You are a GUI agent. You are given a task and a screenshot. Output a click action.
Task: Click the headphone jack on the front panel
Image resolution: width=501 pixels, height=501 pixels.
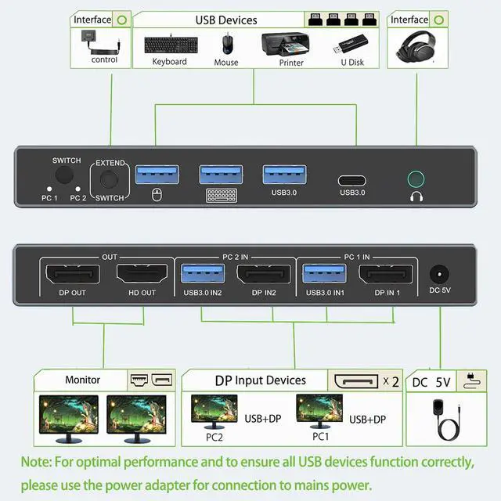(x=416, y=179)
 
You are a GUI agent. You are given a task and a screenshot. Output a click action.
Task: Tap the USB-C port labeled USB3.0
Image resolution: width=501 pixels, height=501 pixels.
(x=351, y=181)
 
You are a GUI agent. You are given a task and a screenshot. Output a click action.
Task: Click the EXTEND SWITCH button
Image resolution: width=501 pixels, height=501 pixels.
(x=110, y=179)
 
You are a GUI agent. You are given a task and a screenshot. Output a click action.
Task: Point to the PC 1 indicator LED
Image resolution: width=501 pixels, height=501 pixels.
(x=49, y=189)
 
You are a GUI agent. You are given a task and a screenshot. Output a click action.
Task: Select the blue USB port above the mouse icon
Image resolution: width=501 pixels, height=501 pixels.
(x=157, y=175)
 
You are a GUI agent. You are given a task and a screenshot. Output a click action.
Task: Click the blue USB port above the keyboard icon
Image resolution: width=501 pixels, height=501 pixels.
(x=221, y=175)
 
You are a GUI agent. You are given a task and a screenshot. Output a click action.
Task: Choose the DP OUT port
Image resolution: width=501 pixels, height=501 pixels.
(x=73, y=274)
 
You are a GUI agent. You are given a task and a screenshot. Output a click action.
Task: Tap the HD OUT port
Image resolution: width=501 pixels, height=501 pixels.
(x=142, y=274)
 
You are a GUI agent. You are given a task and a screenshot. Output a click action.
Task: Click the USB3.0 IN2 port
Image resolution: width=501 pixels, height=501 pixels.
(x=203, y=273)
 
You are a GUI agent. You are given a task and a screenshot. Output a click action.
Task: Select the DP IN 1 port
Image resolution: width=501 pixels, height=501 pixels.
(x=386, y=274)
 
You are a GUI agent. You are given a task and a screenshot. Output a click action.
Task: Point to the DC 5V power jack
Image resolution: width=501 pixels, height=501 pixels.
(x=439, y=275)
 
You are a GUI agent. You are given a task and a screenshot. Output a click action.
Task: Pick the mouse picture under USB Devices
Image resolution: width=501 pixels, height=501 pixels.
(x=228, y=45)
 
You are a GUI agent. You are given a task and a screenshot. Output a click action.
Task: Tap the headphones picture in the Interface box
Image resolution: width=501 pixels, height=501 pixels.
(x=416, y=46)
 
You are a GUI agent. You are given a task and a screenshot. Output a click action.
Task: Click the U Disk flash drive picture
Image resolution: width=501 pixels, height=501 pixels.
(x=351, y=45)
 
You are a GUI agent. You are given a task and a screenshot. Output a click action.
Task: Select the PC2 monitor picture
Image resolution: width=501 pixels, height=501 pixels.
(x=214, y=412)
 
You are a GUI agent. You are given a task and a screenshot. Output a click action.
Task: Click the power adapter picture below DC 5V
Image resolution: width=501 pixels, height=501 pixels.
(x=445, y=420)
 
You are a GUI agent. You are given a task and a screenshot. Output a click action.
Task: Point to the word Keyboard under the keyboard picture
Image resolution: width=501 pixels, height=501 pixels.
(x=169, y=61)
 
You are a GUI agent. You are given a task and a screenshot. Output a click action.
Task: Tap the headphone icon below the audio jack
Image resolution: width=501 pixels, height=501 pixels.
(x=416, y=196)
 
